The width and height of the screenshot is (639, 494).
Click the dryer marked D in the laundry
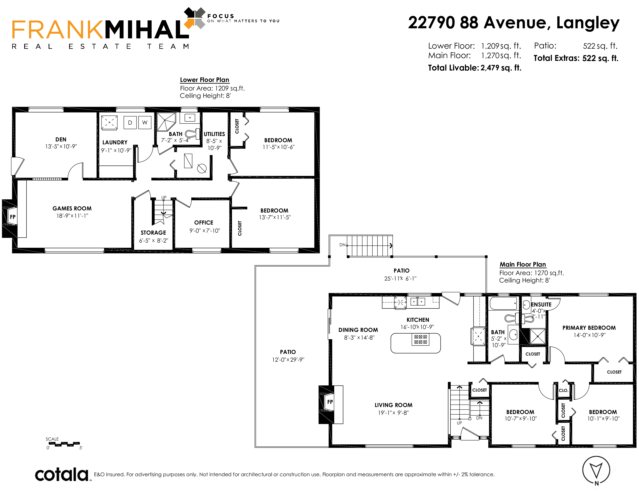coord(130,123)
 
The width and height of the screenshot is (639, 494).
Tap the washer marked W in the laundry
coord(145,123)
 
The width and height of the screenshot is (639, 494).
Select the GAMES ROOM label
coord(72,208)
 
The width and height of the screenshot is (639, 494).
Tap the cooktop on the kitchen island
coord(420,339)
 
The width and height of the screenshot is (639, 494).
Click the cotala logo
coord(62,474)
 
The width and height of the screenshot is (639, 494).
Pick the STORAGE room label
coord(153,233)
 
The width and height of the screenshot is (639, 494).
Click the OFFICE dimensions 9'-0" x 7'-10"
coord(204,231)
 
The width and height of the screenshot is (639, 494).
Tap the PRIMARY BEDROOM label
coord(589,328)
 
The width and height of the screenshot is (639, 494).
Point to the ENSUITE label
coord(541,304)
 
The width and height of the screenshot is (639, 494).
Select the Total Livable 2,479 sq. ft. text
coord(475,68)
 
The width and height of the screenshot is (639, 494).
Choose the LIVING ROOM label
coord(393,405)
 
